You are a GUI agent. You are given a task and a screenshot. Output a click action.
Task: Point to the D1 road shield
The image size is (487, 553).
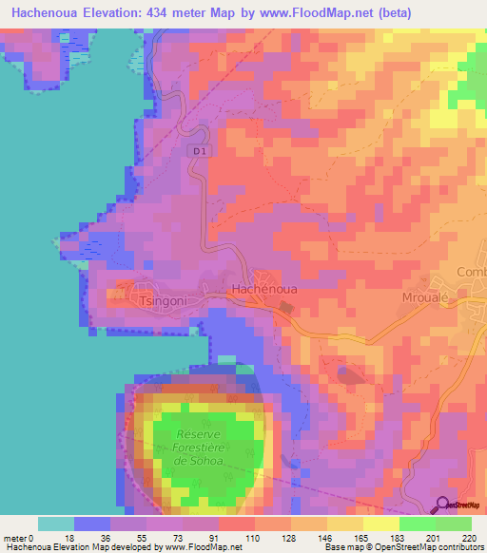(x=198, y=151)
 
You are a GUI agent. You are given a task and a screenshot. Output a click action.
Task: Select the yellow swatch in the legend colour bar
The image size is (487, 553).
(x=380, y=524)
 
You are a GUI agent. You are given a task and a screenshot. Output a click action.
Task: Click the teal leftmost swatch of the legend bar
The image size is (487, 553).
(x=56, y=524)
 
